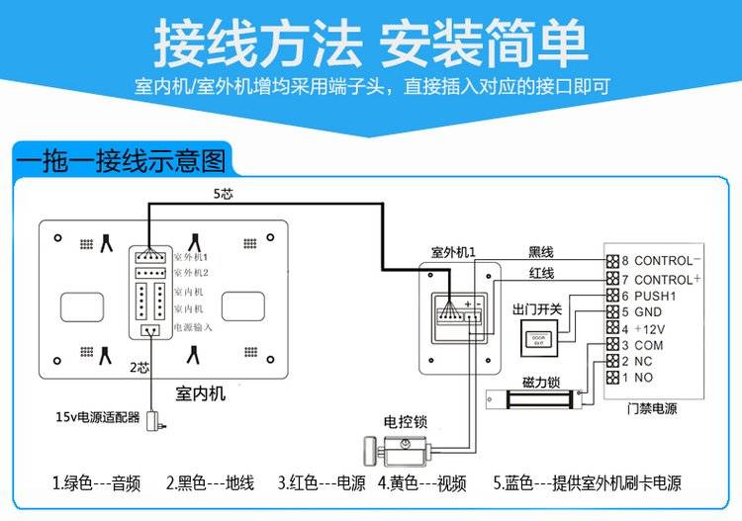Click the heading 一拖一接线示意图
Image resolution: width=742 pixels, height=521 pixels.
coord(120,158)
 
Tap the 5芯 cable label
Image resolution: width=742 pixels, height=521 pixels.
coord(224,194)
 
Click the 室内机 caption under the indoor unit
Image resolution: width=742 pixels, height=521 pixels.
coord(200,393)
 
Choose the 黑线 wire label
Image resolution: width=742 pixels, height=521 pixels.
coord(541,252)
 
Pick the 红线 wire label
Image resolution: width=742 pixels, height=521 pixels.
coord(541,274)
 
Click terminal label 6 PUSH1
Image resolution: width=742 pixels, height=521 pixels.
coord(648,296)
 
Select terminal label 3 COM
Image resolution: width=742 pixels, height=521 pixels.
coord(642,345)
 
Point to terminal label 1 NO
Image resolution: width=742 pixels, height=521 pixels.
coord(637,378)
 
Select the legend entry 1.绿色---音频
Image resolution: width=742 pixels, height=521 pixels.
coord(96,483)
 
